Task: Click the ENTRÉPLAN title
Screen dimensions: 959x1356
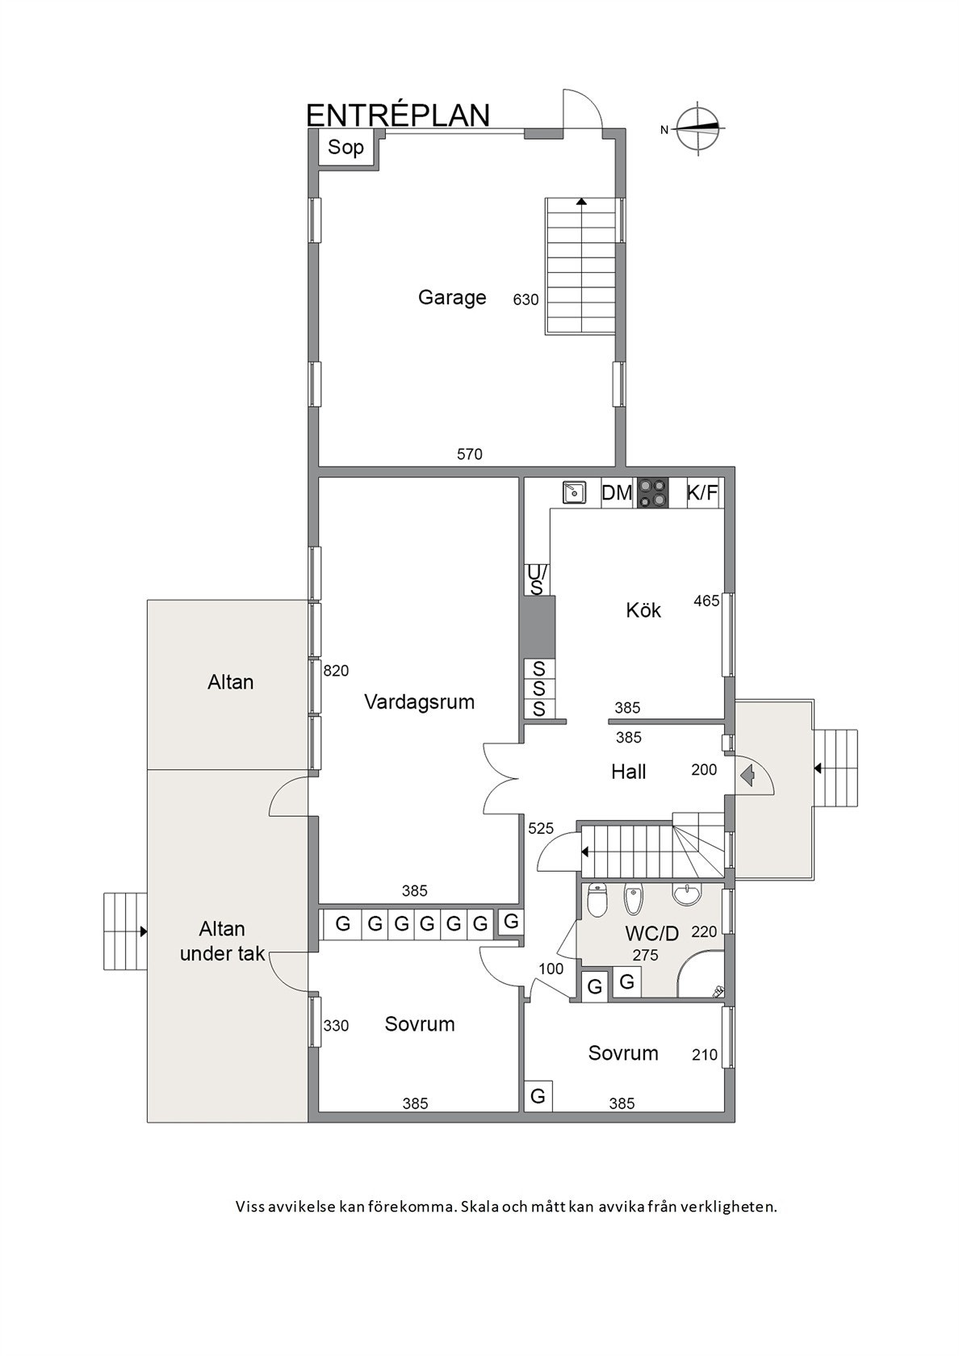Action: (398, 115)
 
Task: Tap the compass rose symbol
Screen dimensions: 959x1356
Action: (700, 128)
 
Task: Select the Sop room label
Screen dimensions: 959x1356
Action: (345, 147)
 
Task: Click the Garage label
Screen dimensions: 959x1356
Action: (452, 298)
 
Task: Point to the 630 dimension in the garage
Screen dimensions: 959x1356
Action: (526, 299)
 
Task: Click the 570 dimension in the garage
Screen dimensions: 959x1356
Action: (469, 454)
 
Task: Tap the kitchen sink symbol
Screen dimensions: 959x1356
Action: (573, 492)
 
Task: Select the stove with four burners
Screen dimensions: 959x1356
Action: (652, 492)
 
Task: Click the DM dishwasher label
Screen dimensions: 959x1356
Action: (617, 493)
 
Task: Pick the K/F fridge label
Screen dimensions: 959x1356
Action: (702, 493)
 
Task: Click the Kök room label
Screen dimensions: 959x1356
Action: (643, 610)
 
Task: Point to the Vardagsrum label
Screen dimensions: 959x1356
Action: (419, 702)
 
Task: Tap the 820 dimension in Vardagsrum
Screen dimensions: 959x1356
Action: (336, 671)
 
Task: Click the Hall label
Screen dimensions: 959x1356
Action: (628, 772)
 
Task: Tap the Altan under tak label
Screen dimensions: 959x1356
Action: (223, 941)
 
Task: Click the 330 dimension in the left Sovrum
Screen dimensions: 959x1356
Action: (336, 1026)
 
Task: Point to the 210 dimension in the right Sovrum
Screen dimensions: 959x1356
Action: (705, 1055)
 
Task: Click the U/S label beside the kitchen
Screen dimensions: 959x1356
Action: (536, 580)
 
